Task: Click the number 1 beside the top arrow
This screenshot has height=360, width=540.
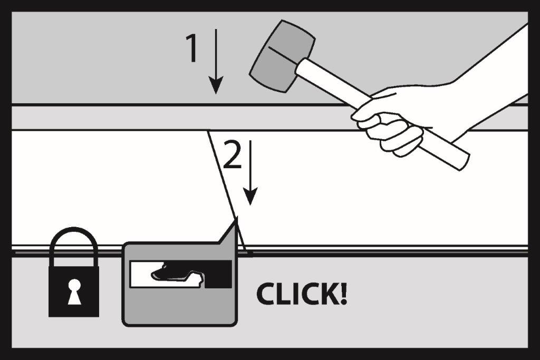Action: click(192, 48)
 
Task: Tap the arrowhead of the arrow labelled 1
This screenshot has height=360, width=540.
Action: click(216, 85)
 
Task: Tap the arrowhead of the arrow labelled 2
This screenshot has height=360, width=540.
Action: click(250, 197)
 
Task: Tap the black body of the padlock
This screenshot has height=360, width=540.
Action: click(74, 291)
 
